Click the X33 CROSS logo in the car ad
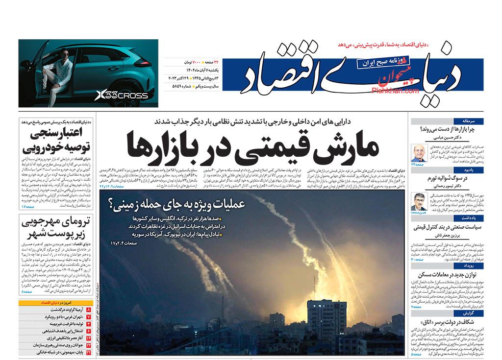(121, 95)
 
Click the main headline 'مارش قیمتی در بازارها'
(252, 144)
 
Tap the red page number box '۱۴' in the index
(88, 338)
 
